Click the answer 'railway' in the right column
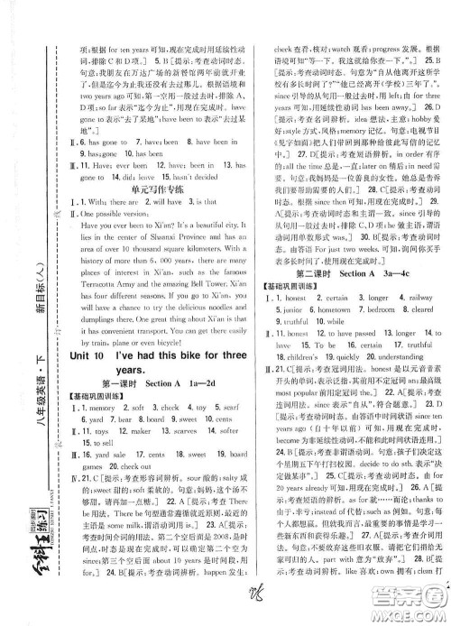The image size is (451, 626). (419, 316)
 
